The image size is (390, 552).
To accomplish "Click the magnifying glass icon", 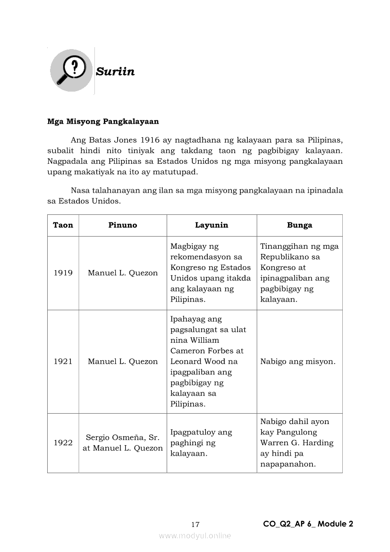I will coord(71,70).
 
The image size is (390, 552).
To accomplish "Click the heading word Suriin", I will coord(115,72).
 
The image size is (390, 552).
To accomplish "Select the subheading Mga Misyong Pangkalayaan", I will coord(103,121).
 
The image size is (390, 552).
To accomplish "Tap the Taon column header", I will coord(63,225).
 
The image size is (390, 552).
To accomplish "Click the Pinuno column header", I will coord(122,225).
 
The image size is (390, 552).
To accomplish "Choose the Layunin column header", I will coord(212,225).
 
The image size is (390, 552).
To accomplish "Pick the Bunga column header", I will coord(299,225).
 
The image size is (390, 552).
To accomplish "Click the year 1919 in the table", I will coord(63,273).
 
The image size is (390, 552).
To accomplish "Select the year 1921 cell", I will coord(63,362).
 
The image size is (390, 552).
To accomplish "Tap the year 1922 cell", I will coord(63,443).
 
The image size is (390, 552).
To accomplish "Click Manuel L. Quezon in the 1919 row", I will coord(123,273).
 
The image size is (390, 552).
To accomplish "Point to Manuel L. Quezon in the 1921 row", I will coord(123,362).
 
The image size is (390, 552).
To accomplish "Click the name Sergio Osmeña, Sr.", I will coord(122,438).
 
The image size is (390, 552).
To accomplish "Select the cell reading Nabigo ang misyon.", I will coord(297,362).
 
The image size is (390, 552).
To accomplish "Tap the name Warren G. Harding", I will coord(297,443).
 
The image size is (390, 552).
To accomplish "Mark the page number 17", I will coord(195,525).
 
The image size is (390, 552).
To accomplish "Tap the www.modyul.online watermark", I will coord(195,536).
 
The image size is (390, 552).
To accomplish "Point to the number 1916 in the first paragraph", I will coord(150,140).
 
